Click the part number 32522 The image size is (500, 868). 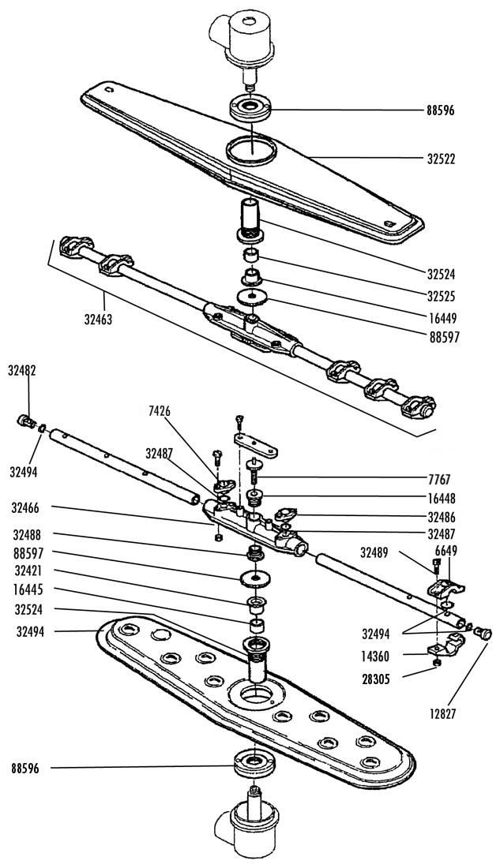[441, 159]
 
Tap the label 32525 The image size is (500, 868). [441, 296]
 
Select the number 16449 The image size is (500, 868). [441, 318]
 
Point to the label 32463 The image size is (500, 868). [98, 319]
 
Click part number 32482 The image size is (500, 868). [22, 371]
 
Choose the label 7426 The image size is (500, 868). [159, 411]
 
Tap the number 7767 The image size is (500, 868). [439, 479]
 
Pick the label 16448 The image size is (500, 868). [441, 499]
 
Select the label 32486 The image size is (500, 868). [441, 518]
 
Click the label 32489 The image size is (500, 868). [374, 552]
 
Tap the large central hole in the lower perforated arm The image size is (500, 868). [257, 693]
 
